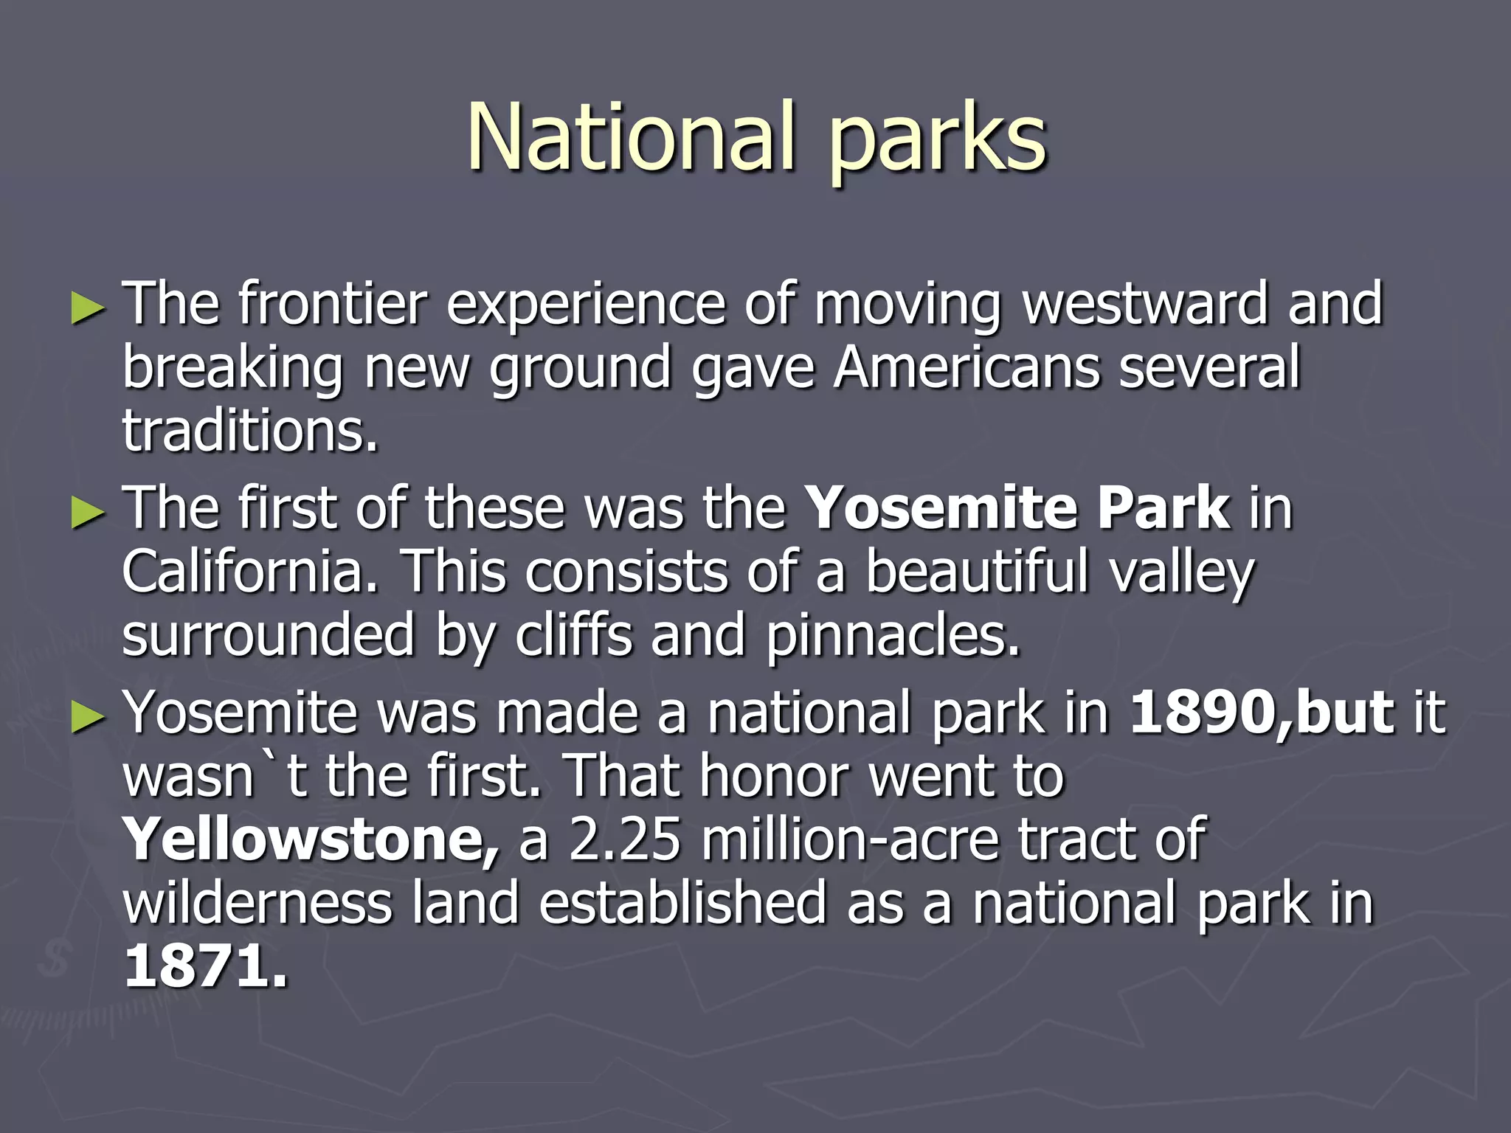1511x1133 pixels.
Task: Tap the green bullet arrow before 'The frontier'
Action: point(89,309)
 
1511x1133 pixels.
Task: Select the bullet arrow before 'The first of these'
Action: point(89,513)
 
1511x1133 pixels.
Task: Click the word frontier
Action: point(333,304)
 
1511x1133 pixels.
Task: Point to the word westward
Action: point(1145,304)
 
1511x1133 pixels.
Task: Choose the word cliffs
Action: point(573,635)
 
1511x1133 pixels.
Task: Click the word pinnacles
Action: point(893,637)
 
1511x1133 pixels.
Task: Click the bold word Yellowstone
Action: point(310,839)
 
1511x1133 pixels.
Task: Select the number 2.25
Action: point(624,839)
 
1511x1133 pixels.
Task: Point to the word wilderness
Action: point(257,904)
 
